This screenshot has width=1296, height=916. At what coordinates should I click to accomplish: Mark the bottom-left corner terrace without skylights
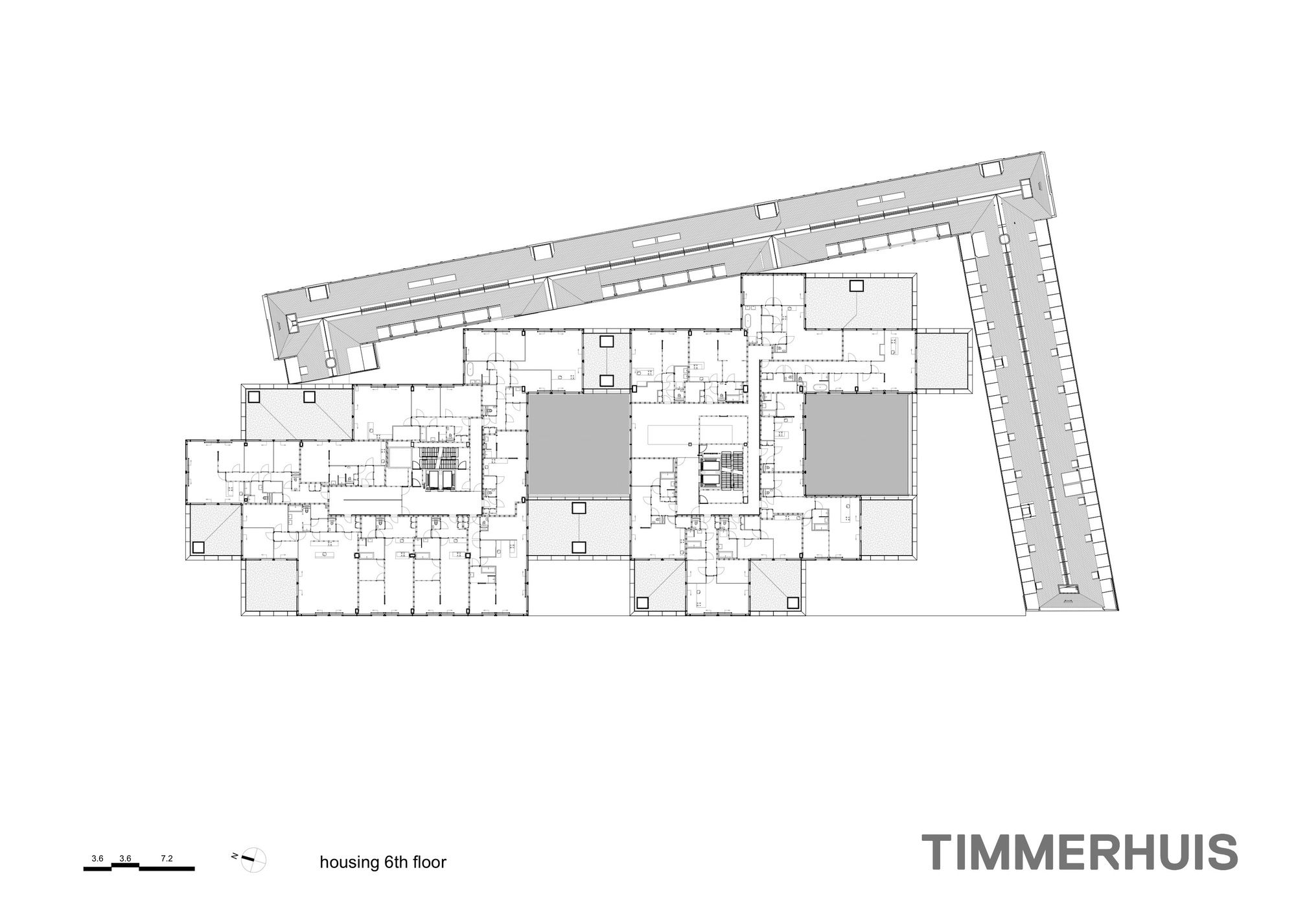pyautogui.click(x=270, y=586)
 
